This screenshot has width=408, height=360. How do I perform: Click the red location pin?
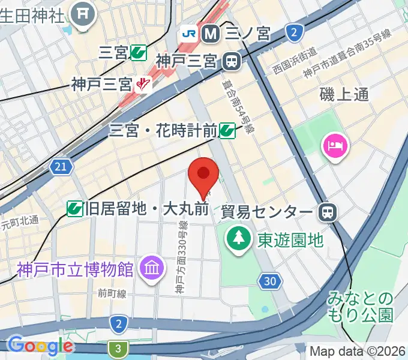203,175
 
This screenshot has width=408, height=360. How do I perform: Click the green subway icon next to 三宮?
138,53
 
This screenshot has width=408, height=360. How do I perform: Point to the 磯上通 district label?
344,94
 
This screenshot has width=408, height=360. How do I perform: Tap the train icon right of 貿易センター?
328,211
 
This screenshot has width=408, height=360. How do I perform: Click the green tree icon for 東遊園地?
239,239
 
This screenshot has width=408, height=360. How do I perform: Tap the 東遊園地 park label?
290,240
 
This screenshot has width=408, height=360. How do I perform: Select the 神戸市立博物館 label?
74,268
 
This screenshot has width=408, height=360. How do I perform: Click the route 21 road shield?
60,167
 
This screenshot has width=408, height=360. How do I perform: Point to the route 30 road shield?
271,280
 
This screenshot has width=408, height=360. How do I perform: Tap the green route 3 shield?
118,348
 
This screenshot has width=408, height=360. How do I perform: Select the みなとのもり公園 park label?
360,306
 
